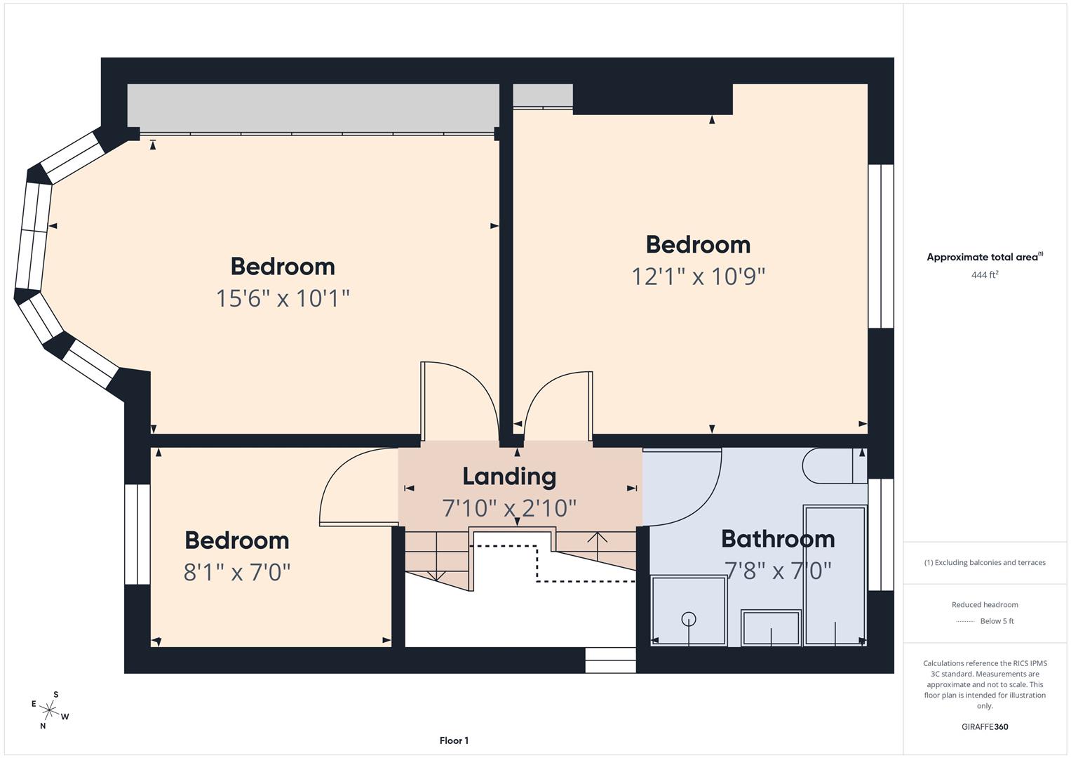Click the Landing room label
tap(509, 477)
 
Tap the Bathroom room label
tap(778, 538)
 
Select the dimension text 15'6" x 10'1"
tap(283, 298)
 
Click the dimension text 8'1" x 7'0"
tap(237, 573)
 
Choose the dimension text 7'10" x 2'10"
tap(509, 507)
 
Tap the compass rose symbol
tap(50, 710)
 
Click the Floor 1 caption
tap(454, 740)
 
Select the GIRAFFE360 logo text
tap(985, 726)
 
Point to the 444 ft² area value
tap(985, 275)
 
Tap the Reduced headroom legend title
tap(985, 604)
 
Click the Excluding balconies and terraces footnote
tap(985, 562)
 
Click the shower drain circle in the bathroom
tap(689, 619)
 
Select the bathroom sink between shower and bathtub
tap(771, 627)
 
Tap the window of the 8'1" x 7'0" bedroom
tap(137, 534)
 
